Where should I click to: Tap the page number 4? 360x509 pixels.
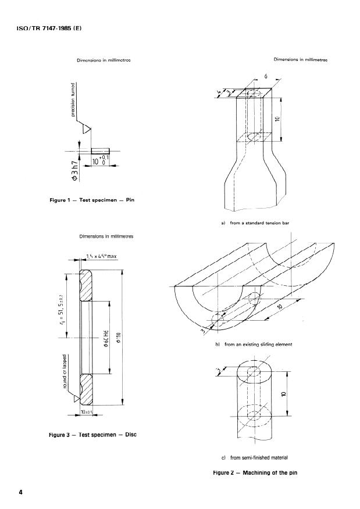click(x=21, y=493)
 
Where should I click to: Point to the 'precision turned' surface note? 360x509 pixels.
click(x=73, y=99)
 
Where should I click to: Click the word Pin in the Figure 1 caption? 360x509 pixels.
click(x=131, y=200)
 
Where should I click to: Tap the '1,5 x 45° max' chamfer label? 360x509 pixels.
click(x=101, y=256)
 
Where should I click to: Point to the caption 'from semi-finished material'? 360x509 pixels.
click(x=257, y=458)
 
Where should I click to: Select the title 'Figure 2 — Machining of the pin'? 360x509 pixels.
click(x=255, y=473)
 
